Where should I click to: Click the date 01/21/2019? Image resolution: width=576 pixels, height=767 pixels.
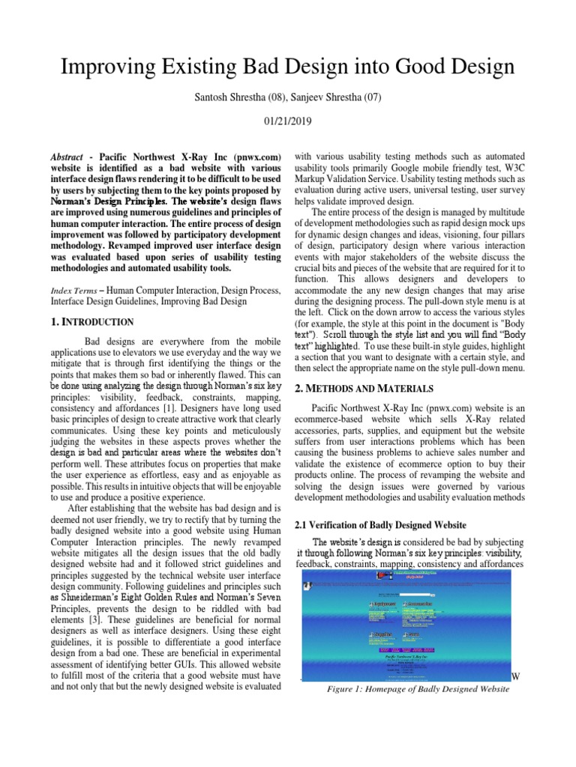[288, 121]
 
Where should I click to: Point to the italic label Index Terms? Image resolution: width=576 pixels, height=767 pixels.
[71, 290]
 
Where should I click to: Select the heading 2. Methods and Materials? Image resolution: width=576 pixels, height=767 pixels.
[363, 388]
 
